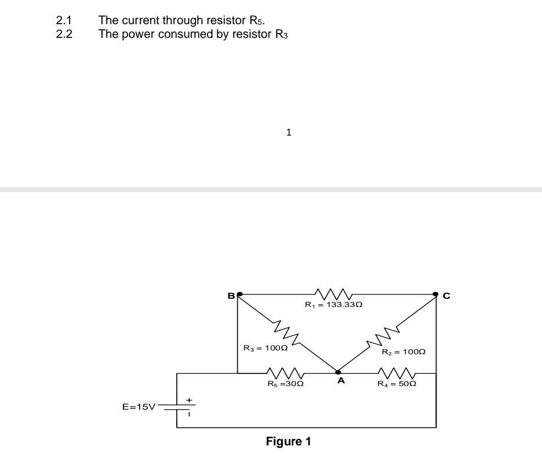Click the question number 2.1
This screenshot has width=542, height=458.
click(x=64, y=21)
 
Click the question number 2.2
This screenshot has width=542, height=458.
click(x=64, y=35)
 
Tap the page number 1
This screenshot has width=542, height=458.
click(x=289, y=132)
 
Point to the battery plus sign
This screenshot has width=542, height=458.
click(x=189, y=400)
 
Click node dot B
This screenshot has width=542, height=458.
click(x=239, y=294)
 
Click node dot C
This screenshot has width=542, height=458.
click(x=435, y=294)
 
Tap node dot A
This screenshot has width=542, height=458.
click(x=338, y=372)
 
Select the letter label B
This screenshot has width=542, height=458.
click(x=231, y=296)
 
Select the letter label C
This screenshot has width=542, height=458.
click(x=446, y=296)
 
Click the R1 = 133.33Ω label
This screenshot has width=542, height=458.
click(x=333, y=304)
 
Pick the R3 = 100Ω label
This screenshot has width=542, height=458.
click(x=265, y=348)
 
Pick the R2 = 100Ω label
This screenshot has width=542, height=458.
click(x=404, y=351)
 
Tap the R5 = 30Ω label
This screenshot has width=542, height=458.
click(x=286, y=384)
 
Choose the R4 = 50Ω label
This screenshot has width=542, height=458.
click(x=396, y=384)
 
